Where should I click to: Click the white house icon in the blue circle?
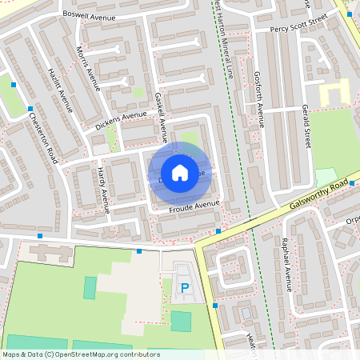tap(180, 173)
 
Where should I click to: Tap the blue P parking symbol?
tap(185, 288)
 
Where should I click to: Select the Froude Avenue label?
tap(194, 207)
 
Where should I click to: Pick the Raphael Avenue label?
tap(289, 268)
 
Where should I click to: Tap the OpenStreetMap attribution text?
tap(81, 354)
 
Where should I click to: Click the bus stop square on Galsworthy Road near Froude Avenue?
tap(218, 231)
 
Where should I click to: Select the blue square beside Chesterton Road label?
tap(30, 109)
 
